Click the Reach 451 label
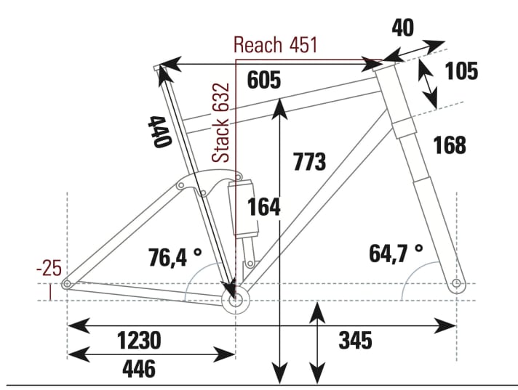pyautogui.click(x=275, y=45)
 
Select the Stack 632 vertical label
pyautogui.click(x=220, y=123)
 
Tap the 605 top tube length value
pyautogui.click(x=263, y=81)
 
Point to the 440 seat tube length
pyautogui.click(x=161, y=131)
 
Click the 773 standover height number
pyautogui.click(x=309, y=161)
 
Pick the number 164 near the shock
pyautogui.click(x=263, y=206)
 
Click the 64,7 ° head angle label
pyautogui.click(x=397, y=253)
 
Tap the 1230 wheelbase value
pyautogui.click(x=139, y=340)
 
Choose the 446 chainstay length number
pyautogui.click(x=139, y=368)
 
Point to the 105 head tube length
pyautogui.click(x=461, y=71)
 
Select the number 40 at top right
pyautogui.click(x=402, y=28)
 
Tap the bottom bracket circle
pyautogui.click(x=235, y=299)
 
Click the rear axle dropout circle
pyautogui.click(x=67, y=283)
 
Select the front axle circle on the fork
pyautogui.click(x=456, y=283)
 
